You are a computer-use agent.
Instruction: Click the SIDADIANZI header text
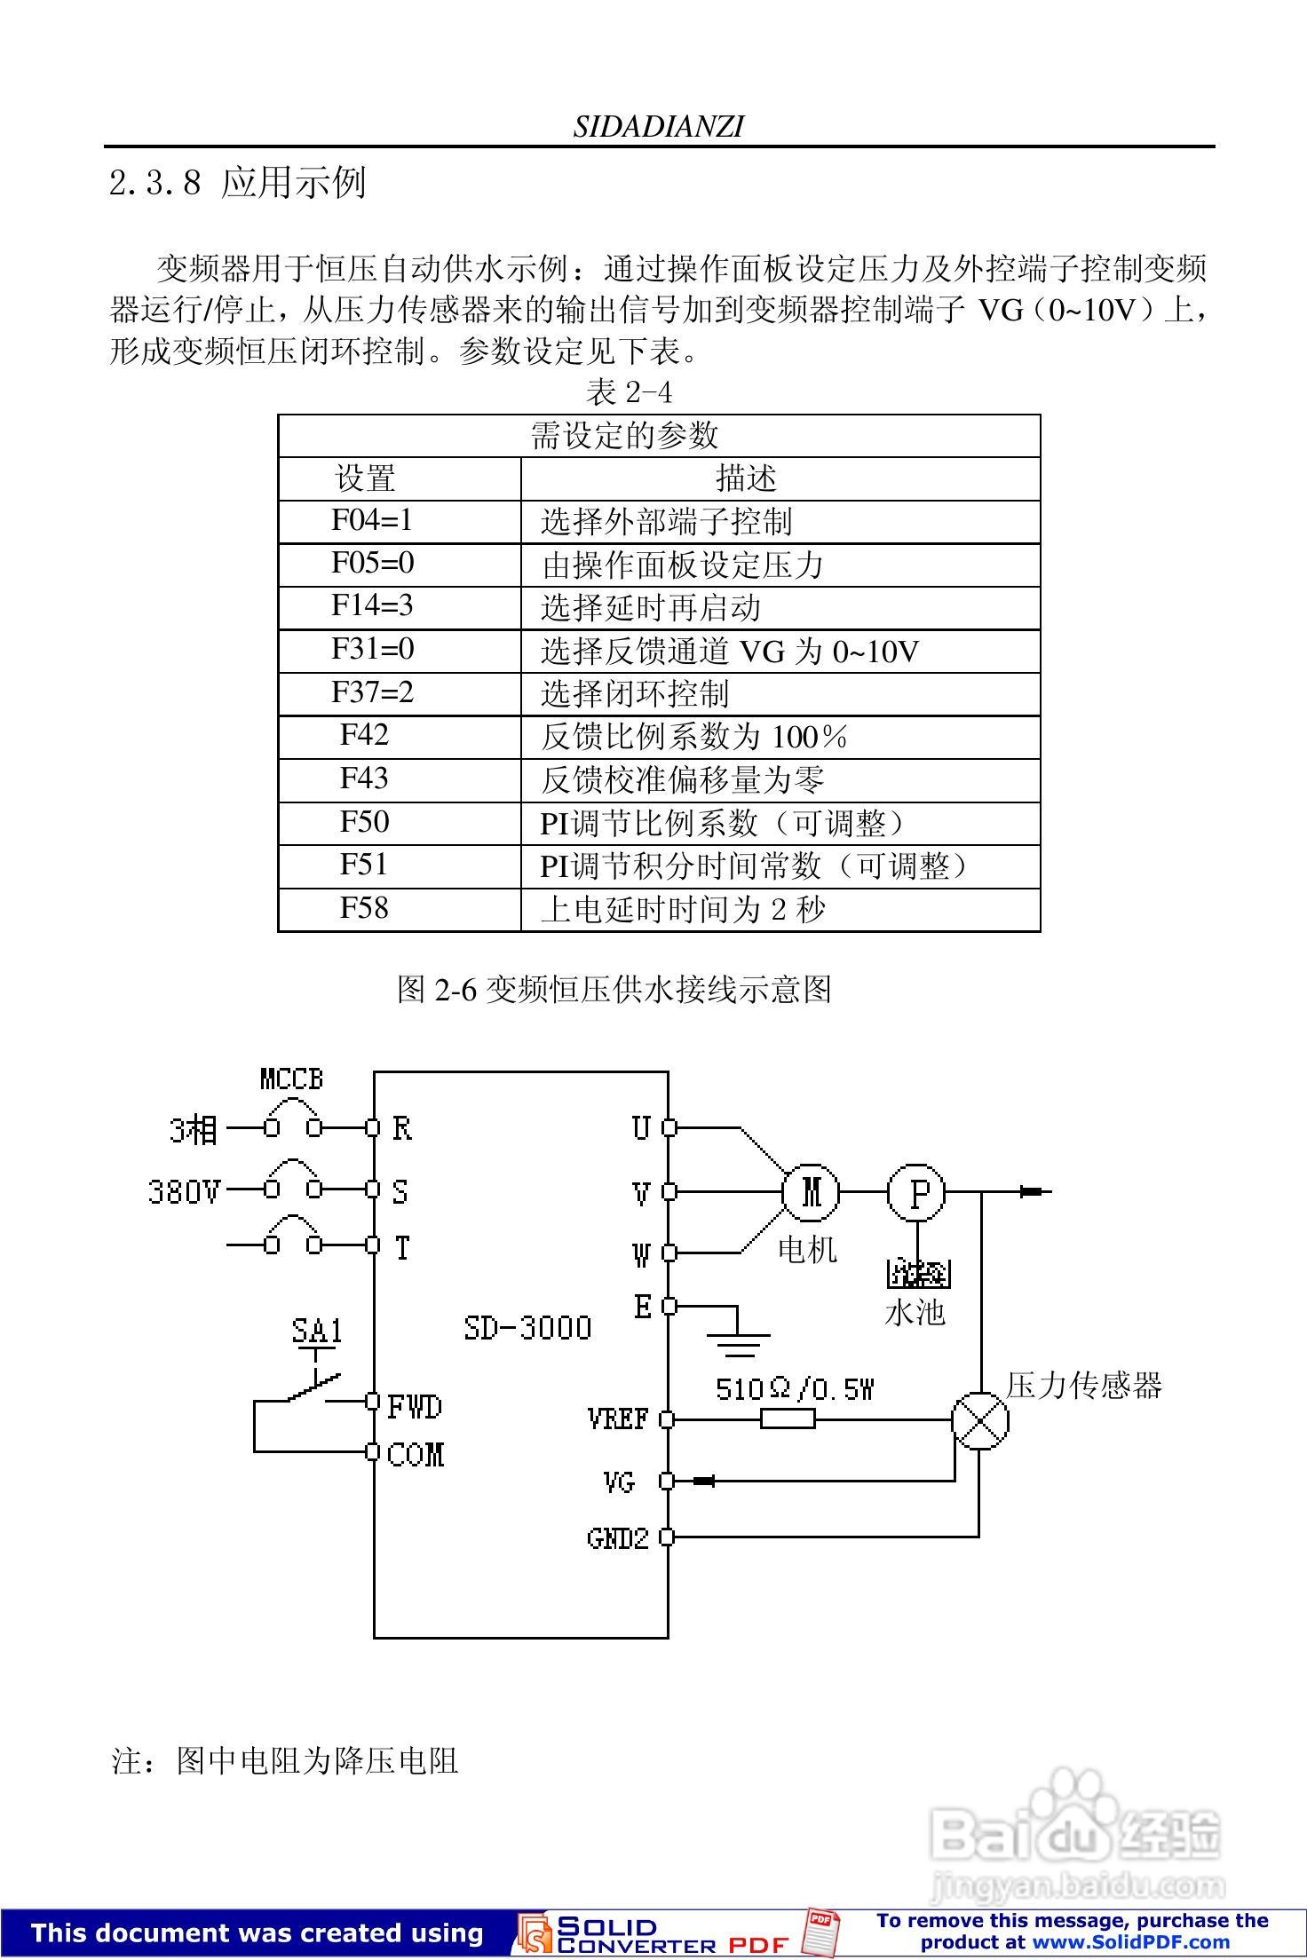click(x=658, y=127)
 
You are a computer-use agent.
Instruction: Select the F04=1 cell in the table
click(x=372, y=520)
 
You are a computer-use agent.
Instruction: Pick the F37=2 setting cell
click(x=372, y=692)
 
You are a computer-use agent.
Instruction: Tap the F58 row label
click(x=364, y=908)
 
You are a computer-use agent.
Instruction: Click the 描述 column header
click(x=746, y=478)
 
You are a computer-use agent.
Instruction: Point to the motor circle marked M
click(x=811, y=1191)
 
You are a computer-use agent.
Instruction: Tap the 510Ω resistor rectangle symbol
click(x=788, y=1419)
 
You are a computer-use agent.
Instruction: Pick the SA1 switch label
click(x=317, y=1331)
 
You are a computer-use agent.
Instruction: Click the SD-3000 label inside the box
click(x=527, y=1328)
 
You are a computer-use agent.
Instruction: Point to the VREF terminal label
click(x=618, y=1419)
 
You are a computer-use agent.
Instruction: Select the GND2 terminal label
click(x=618, y=1537)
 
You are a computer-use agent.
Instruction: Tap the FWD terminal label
click(x=415, y=1406)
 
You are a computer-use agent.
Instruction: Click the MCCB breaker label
click(x=291, y=1079)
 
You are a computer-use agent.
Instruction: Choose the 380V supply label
click(x=184, y=1191)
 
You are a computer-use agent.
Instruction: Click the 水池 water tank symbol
click(x=918, y=1276)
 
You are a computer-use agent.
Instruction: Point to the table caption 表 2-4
click(x=629, y=391)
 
